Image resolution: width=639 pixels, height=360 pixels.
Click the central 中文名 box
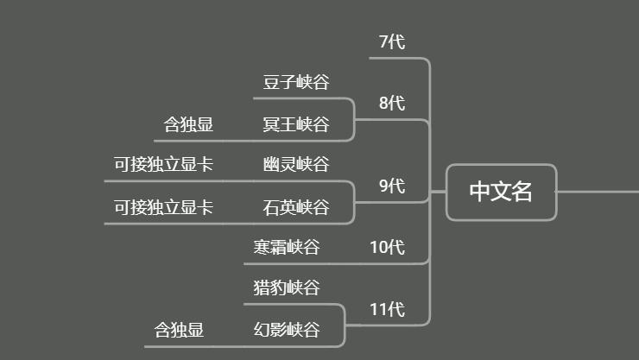(x=501, y=192)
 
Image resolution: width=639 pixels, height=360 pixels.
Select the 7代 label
(x=391, y=41)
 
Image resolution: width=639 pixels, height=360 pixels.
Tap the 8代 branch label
(x=391, y=104)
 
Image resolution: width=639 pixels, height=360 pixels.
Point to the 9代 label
(x=391, y=186)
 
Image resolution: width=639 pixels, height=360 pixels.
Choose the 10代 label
(x=387, y=247)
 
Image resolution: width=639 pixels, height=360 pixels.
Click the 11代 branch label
(x=387, y=309)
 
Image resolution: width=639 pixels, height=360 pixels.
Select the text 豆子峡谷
(x=296, y=83)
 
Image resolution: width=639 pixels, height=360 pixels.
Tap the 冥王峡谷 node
(x=296, y=125)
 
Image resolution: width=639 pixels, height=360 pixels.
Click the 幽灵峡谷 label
(x=296, y=164)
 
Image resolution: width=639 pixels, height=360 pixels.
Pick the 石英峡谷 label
(x=296, y=207)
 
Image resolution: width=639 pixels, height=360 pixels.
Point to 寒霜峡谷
(x=287, y=248)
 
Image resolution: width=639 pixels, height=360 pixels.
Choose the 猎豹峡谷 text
(x=287, y=287)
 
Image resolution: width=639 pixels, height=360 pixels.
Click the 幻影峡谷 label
(x=287, y=330)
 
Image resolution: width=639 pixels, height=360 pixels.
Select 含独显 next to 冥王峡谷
(x=188, y=125)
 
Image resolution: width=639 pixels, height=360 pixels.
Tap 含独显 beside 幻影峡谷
(x=179, y=330)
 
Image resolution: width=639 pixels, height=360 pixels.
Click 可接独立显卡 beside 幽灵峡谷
(x=163, y=164)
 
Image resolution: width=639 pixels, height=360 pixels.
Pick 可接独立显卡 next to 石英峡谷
(x=163, y=207)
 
